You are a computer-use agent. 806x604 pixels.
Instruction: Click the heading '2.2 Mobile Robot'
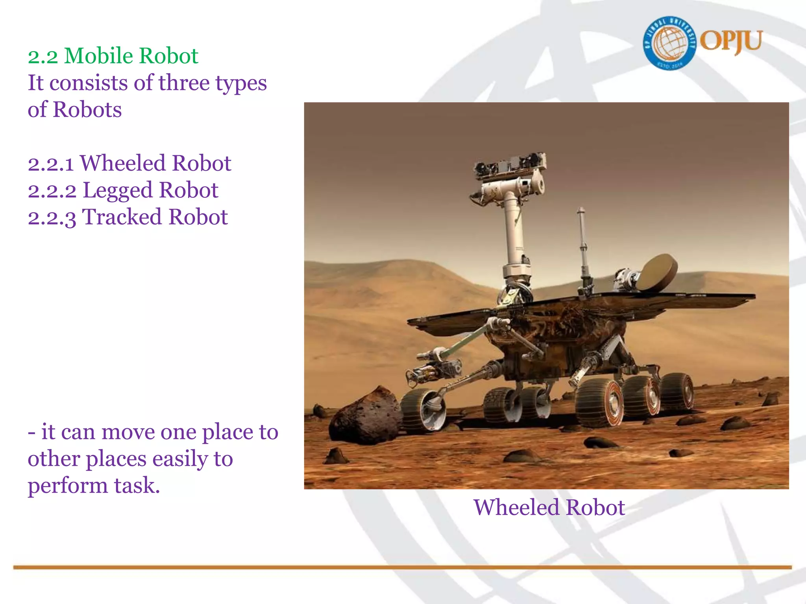pos(113,56)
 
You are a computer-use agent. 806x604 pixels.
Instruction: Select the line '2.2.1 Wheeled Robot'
pos(129,163)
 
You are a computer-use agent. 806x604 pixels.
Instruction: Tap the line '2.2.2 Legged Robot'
pos(123,190)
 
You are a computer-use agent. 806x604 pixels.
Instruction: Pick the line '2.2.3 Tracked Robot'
pos(128,217)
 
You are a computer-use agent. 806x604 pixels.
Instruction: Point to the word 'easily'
pos(181,459)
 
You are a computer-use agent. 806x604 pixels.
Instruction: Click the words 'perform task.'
pos(94,486)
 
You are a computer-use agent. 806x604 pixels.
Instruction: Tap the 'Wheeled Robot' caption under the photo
pos(549,507)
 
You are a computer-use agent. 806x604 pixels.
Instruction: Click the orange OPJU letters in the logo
pos(731,41)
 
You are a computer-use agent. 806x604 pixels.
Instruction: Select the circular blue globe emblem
pos(669,43)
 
